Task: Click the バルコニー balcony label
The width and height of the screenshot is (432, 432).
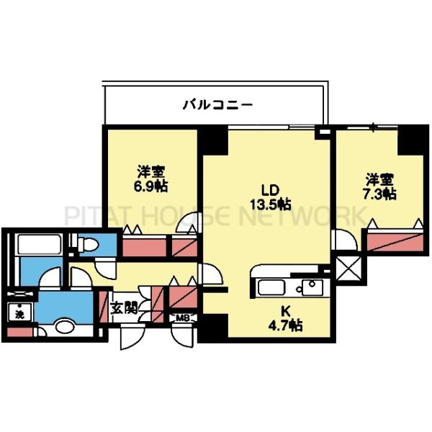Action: click(217, 105)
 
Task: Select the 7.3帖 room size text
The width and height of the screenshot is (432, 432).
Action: click(379, 193)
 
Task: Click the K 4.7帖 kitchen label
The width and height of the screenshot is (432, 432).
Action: click(286, 318)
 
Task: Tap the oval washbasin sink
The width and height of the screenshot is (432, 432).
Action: click(63, 328)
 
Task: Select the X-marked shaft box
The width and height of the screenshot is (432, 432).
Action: click(350, 269)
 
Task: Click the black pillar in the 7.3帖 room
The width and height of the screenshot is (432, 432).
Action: click(412, 140)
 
